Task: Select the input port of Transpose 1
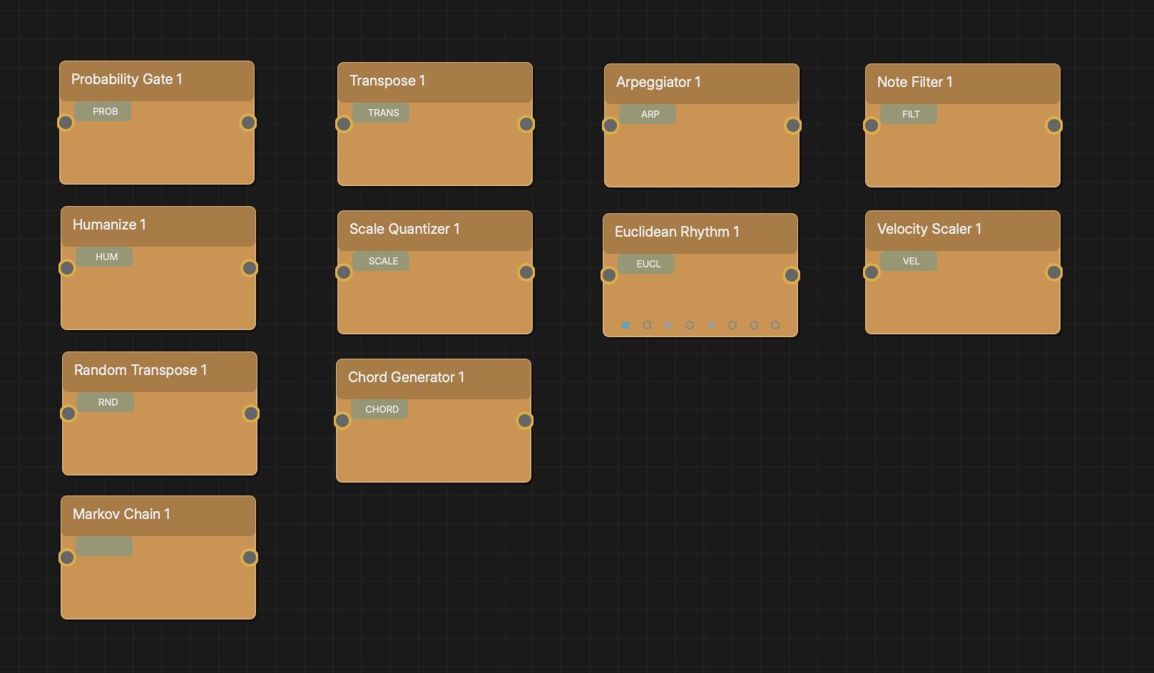[x=344, y=124]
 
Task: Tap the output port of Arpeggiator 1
[x=793, y=125]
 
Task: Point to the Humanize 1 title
[x=109, y=225]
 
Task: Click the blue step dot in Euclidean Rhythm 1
[x=625, y=325]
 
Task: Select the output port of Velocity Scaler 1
[x=1054, y=272]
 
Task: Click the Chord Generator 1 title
[x=406, y=377]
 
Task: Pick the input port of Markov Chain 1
[x=67, y=557]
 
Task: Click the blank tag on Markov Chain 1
[x=104, y=546]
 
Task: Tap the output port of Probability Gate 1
[x=248, y=123]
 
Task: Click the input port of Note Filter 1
[x=871, y=125]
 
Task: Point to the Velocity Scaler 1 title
[x=929, y=229]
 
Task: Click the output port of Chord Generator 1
[x=524, y=421]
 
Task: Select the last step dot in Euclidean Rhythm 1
[x=775, y=325]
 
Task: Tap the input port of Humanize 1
[x=67, y=268]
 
